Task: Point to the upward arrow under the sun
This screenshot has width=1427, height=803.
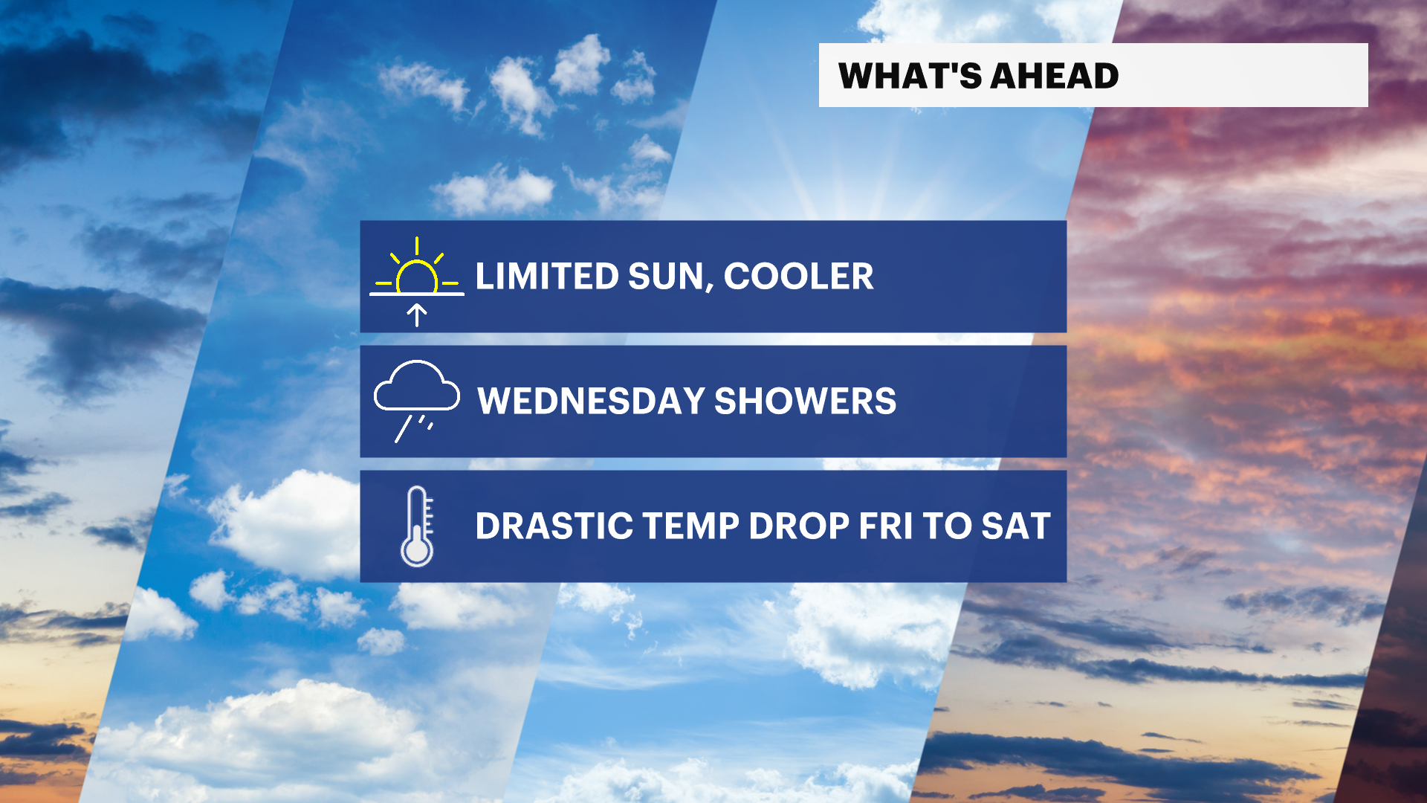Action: [x=417, y=315]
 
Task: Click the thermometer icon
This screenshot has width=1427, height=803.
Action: [x=417, y=526]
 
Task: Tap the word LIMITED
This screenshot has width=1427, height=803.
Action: [x=547, y=277]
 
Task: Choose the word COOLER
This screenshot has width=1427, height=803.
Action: [x=798, y=277]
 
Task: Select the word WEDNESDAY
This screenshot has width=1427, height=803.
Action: [x=591, y=401]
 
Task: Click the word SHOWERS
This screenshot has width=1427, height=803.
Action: [x=806, y=401]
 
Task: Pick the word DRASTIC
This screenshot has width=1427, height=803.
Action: [x=554, y=526]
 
